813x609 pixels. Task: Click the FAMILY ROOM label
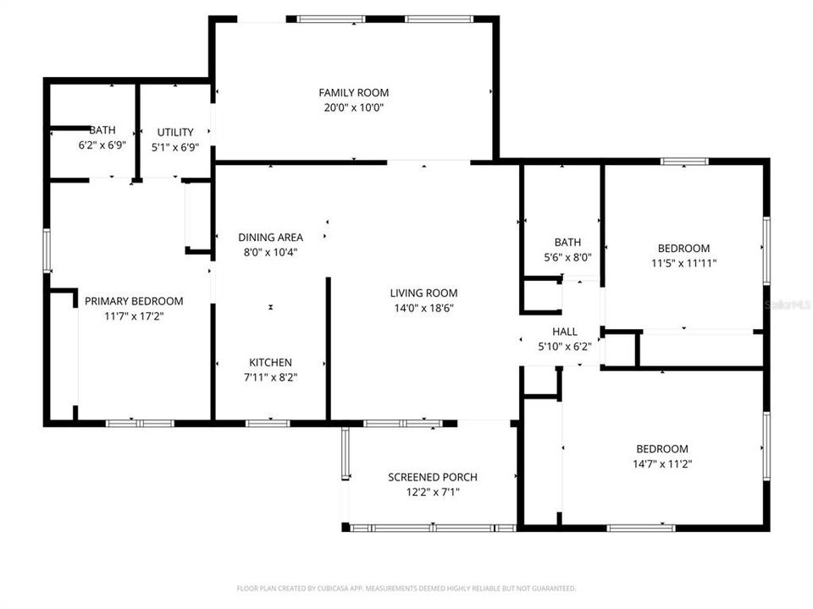click(x=353, y=92)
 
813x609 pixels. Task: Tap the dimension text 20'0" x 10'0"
click(x=353, y=107)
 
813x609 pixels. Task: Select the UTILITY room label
click(x=175, y=132)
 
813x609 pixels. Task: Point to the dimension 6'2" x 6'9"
click(x=102, y=145)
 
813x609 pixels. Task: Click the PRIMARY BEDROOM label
click(x=134, y=301)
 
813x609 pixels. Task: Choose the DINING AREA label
click(x=270, y=238)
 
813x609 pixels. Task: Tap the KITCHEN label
click(x=270, y=363)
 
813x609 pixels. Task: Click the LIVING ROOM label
click(x=423, y=294)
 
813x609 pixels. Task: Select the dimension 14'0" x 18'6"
click(x=423, y=308)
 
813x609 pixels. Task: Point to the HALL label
click(x=565, y=332)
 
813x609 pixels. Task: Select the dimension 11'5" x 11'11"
click(x=683, y=262)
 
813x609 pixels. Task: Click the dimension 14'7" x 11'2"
click(x=662, y=464)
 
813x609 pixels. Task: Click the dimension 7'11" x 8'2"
click(x=270, y=377)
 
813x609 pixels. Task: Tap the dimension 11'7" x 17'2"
click(x=134, y=316)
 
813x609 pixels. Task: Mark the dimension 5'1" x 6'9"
click(x=175, y=146)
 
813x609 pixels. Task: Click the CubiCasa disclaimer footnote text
click(x=406, y=588)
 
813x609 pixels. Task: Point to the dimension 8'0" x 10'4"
click(x=270, y=252)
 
